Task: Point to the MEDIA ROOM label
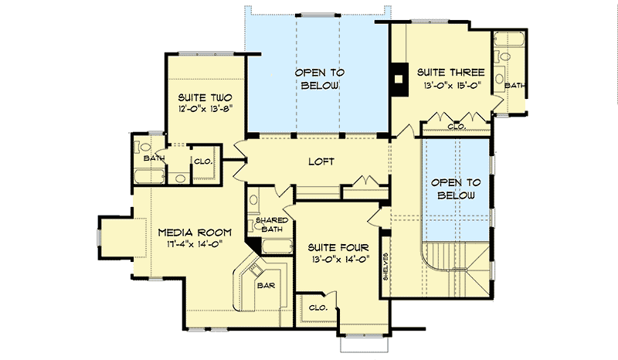click(190, 232)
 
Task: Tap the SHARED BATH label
click(271, 225)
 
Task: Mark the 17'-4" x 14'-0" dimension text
click(190, 245)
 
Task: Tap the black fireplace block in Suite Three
click(399, 78)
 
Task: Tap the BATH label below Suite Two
click(152, 158)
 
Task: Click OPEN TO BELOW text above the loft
click(317, 78)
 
